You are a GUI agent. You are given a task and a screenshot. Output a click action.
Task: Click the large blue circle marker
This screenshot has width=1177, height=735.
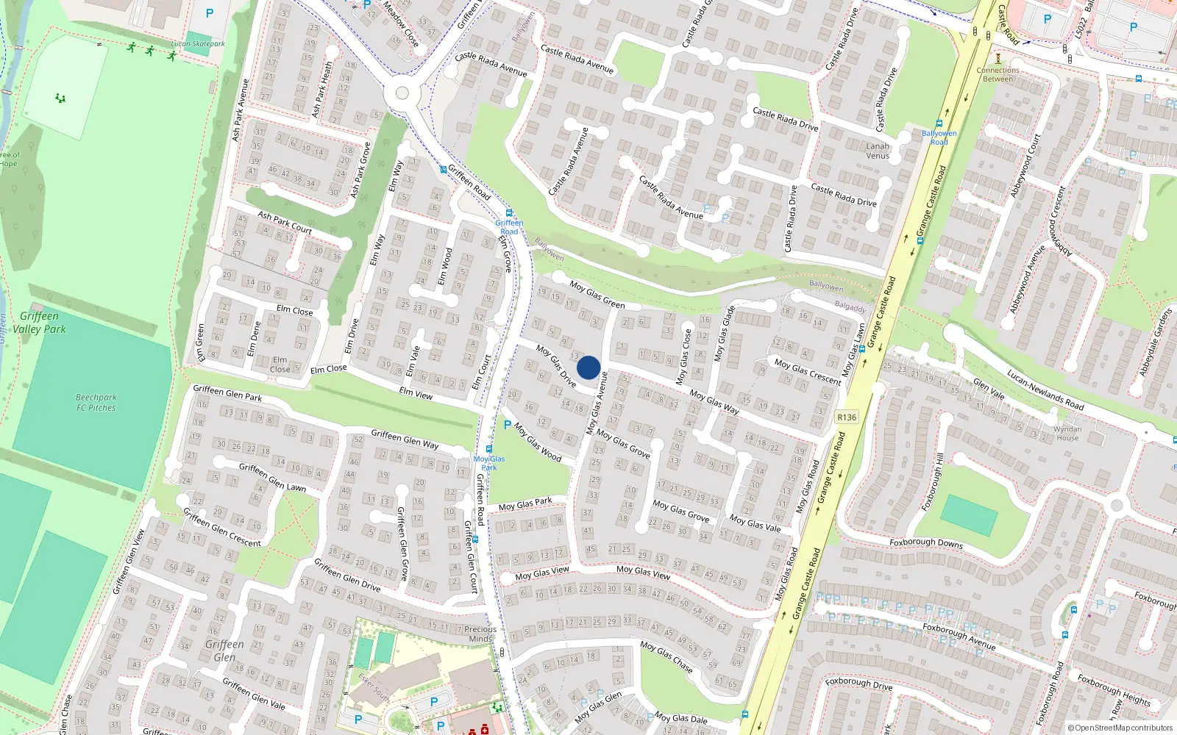click(588, 367)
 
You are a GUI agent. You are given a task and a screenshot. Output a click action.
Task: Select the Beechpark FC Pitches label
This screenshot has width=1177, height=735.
click(96, 402)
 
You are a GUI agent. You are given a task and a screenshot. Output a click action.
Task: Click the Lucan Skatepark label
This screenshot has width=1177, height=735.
click(198, 44)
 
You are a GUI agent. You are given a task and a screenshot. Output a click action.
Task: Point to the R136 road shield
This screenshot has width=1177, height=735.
click(847, 417)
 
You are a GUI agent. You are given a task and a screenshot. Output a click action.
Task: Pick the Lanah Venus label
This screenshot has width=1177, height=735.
click(878, 151)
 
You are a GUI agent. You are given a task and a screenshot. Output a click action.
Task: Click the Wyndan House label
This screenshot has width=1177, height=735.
click(1067, 433)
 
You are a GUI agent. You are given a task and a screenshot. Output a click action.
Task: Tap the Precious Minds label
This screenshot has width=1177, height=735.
click(480, 634)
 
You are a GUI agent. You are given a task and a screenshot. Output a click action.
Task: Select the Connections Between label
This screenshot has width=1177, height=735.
click(998, 74)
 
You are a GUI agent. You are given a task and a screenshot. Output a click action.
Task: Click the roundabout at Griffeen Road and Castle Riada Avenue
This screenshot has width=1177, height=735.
click(402, 93)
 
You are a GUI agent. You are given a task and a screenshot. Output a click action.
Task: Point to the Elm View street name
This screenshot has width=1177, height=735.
click(416, 394)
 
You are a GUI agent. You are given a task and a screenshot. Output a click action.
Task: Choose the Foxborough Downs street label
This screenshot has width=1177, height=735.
click(926, 542)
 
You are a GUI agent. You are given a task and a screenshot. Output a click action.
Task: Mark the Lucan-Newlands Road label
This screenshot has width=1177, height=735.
click(1045, 390)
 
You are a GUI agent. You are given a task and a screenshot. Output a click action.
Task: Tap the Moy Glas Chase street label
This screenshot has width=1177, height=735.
click(666, 656)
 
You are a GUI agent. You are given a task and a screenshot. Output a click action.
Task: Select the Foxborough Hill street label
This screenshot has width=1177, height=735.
click(933, 481)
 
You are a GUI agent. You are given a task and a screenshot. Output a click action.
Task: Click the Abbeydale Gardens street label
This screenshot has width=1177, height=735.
click(1155, 343)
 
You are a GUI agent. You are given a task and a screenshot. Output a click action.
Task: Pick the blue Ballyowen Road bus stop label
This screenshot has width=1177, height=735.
click(939, 137)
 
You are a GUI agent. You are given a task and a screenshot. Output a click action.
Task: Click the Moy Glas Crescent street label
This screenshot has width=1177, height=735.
click(808, 371)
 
